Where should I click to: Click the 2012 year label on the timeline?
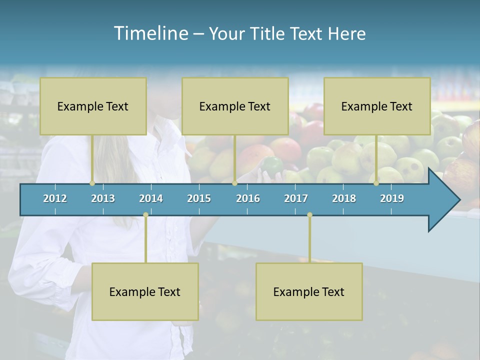55,198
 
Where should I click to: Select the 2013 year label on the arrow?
103,198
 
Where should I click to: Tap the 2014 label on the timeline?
151,198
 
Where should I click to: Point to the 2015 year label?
199,198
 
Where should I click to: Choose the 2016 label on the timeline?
248,198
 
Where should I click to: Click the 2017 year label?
296,198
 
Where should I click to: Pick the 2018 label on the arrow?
344,198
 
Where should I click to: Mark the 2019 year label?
392,198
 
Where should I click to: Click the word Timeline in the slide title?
150,33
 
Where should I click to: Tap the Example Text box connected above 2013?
93,106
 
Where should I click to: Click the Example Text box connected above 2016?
235,106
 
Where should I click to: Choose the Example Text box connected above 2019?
377,106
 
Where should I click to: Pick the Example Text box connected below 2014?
145,291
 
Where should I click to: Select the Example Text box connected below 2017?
309,291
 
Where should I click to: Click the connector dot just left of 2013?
92,183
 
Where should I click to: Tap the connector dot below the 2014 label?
145,214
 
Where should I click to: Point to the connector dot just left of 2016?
234,183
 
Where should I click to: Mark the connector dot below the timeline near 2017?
309,214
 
